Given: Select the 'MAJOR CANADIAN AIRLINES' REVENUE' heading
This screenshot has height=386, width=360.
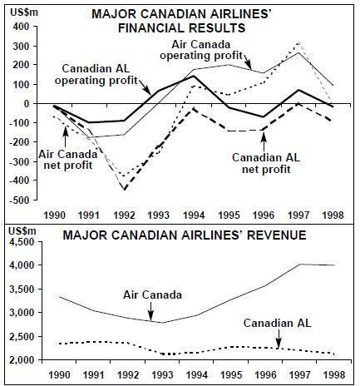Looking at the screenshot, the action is pyautogui.click(x=185, y=235).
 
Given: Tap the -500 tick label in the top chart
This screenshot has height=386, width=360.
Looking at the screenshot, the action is pyautogui.click(x=20, y=200).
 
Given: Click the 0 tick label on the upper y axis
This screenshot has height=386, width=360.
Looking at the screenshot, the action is pyautogui.click(x=27, y=103).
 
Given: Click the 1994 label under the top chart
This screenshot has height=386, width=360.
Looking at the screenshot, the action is pyautogui.click(x=194, y=215).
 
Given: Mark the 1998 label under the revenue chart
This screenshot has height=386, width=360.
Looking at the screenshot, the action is pyautogui.click(x=334, y=375).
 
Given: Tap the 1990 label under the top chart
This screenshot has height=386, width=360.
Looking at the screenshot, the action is pyautogui.click(x=55, y=215).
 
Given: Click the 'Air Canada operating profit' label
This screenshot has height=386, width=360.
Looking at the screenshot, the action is pyautogui.click(x=201, y=50).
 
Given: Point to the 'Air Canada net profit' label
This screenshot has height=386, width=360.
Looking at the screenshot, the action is pyautogui.click(x=68, y=160).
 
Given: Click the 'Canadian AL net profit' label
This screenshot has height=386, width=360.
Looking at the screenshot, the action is pyautogui.click(x=266, y=163).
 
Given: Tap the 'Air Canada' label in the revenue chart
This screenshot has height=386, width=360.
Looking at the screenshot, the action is pyautogui.click(x=152, y=294).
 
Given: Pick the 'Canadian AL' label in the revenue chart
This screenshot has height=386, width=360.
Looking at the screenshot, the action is pyautogui.click(x=278, y=323).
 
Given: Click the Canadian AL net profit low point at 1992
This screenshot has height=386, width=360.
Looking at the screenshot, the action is pyautogui.click(x=124, y=190).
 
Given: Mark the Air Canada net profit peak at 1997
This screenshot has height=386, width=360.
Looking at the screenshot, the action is pyautogui.click(x=298, y=42).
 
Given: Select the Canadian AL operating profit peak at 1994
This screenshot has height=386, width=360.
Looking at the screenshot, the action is pyautogui.click(x=194, y=76).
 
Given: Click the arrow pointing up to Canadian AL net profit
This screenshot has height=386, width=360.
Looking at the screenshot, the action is pyautogui.click(x=264, y=141).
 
